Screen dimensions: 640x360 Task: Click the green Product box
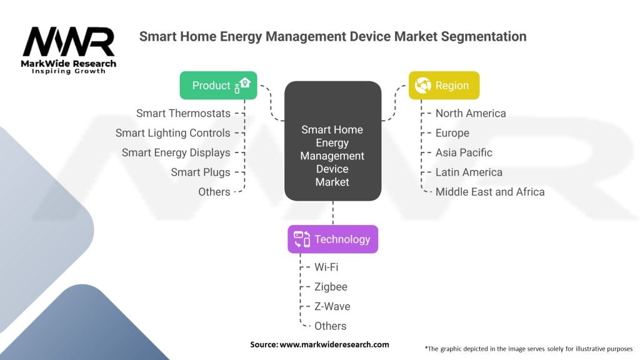click(218, 85)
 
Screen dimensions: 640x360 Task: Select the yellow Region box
click(444, 85)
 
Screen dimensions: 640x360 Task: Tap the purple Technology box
click(332, 239)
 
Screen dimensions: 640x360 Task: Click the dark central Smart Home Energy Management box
click(332, 141)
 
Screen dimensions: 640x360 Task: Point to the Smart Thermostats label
click(183, 114)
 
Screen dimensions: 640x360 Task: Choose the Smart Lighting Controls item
click(172, 133)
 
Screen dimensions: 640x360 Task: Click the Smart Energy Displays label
click(176, 152)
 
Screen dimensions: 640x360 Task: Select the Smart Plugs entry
click(201, 172)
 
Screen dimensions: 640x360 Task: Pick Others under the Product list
click(214, 192)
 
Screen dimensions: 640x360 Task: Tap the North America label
click(471, 114)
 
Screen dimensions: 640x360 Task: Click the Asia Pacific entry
click(464, 152)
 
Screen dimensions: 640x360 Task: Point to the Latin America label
click(469, 172)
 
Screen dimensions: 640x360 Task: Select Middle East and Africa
click(490, 192)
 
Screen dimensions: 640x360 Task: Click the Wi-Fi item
click(326, 267)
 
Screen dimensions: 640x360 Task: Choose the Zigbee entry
click(331, 287)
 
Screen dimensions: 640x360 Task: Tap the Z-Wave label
click(332, 306)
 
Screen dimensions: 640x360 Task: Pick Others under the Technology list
click(330, 326)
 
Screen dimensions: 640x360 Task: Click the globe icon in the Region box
click(422, 85)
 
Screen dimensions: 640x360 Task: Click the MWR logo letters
click(69, 41)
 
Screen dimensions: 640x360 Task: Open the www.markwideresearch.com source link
click(334, 344)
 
